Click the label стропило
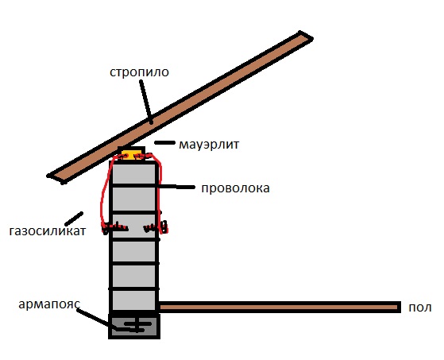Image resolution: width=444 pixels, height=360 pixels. point(139,73)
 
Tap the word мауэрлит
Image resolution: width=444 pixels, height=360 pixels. point(209,145)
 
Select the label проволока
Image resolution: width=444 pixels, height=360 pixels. point(235,188)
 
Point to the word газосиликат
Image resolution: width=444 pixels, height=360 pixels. point(48,231)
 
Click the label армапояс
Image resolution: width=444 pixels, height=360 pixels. point(49,304)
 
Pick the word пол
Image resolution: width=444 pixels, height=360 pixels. point(420,308)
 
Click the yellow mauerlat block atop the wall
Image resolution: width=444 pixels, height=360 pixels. point(132,155)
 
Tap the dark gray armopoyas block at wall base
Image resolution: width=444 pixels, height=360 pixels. point(134,327)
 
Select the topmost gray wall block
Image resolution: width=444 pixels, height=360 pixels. point(134,173)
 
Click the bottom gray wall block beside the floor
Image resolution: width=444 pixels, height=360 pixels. point(134,300)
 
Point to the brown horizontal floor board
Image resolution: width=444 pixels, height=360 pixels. point(279,308)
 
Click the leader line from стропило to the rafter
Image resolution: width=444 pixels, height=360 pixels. point(146,102)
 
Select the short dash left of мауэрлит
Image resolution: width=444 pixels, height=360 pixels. point(164,143)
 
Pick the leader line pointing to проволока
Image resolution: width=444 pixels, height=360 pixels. point(176,187)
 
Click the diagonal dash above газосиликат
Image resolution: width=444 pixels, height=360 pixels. point(74,219)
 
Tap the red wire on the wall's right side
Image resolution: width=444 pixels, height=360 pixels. point(160,192)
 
